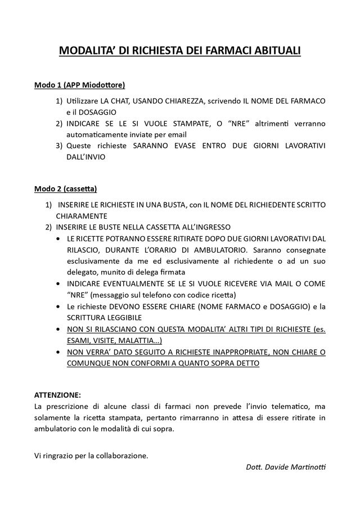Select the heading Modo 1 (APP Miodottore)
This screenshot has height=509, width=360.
tap(79, 85)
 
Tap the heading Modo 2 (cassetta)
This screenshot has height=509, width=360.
tap(66, 188)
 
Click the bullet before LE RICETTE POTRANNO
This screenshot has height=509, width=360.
tap(60, 238)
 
